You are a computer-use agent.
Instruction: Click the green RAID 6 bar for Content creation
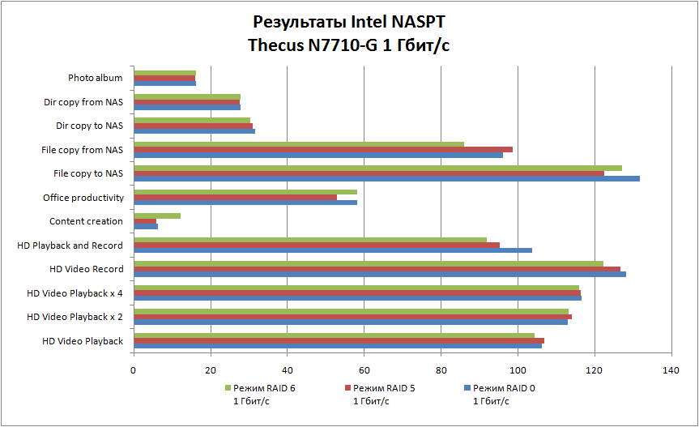pyautogui.click(x=157, y=216)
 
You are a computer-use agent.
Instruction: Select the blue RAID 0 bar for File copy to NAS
pyautogui.click(x=386, y=178)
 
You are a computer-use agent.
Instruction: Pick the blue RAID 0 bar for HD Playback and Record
pyautogui.click(x=333, y=250)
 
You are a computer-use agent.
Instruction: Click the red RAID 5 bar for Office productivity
pyautogui.click(x=235, y=197)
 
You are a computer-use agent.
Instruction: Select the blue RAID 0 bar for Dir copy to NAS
pyautogui.click(x=194, y=131)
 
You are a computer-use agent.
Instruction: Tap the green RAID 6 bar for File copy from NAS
pyautogui.click(x=299, y=144)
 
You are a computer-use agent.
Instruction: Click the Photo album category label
pyautogui.click(x=96, y=79)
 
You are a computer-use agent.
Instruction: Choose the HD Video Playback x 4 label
pyautogui.click(x=75, y=293)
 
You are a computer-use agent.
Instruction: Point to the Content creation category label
pyautogui.click(x=86, y=221)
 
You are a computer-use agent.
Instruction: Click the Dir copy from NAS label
pyautogui.click(x=83, y=102)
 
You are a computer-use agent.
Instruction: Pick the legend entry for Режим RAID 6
pyautogui.click(x=264, y=388)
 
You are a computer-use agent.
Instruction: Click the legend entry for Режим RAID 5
pyautogui.click(x=384, y=388)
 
